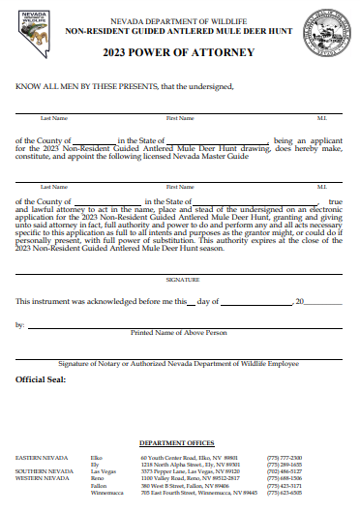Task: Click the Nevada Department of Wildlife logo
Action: [33, 35]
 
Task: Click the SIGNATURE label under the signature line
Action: [179, 279]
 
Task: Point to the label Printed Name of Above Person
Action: [179, 332]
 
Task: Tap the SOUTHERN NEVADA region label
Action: [38, 471]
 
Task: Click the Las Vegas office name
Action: [102, 471]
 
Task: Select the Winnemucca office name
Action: [105, 493]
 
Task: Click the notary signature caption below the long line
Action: [179, 363]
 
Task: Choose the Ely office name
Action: [95, 464]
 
